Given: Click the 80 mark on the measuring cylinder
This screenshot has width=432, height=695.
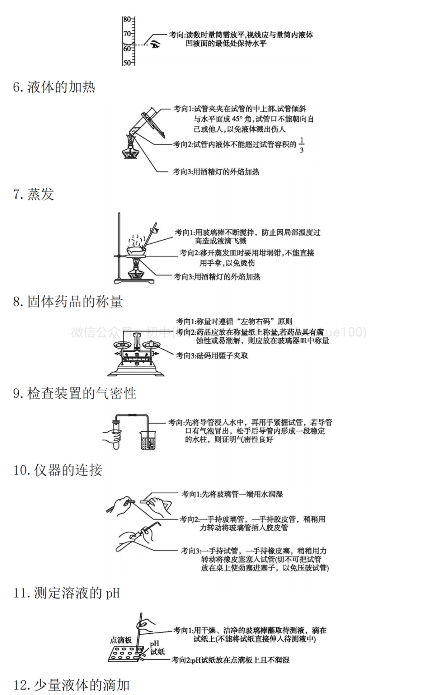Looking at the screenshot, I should (127, 19).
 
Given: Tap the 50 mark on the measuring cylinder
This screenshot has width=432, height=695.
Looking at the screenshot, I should (127, 63).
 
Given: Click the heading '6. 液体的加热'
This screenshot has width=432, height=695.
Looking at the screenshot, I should (54, 87).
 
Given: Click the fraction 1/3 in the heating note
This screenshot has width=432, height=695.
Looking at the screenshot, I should (302, 145).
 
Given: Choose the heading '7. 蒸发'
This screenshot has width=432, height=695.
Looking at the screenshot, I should (34, 194).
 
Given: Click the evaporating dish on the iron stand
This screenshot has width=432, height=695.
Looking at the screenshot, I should (136, 251).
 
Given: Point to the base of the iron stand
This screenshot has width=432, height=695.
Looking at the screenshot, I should (134, 280).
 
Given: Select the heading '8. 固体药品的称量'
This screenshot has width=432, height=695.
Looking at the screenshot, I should (68, 301).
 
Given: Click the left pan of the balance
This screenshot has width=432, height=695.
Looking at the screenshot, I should (123, 344).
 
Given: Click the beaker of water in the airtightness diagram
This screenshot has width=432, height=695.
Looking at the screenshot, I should (148, 440).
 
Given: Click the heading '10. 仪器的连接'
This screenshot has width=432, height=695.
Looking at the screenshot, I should (58, 470).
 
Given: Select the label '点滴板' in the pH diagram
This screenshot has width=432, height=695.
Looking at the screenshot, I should (121, 640).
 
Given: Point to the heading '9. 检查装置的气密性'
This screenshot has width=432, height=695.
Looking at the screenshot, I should (74, 393).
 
